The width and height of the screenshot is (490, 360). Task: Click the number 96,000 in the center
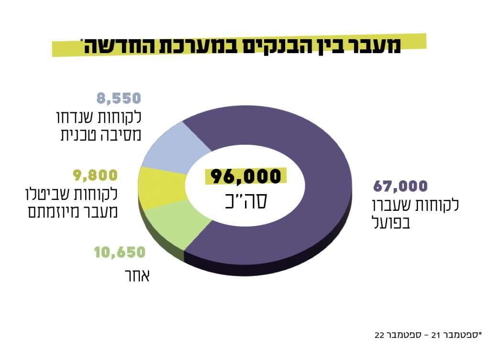point(245,176)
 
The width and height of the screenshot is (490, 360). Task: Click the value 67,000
point(400,186)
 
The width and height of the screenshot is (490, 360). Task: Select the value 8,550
point(119,98)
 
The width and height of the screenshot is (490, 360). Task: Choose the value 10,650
point(119,252)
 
